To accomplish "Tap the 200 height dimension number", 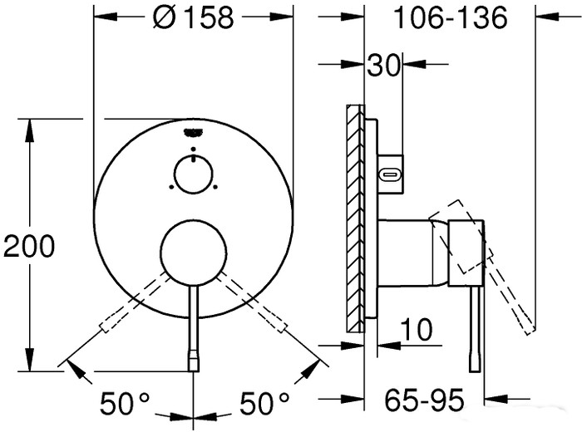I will pyautogui.click(x=29, y=245).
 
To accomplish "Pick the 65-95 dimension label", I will pyautogui.click(x=425, y=403).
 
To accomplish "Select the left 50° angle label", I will pyautogui.click(x=125, y=405).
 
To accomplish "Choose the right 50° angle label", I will pyautogui.click(x=264, y=405).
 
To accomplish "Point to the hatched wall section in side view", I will pyautogui.click(x=357, y=216).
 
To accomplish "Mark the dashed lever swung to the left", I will pyautogui.click(x=125, y=312).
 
